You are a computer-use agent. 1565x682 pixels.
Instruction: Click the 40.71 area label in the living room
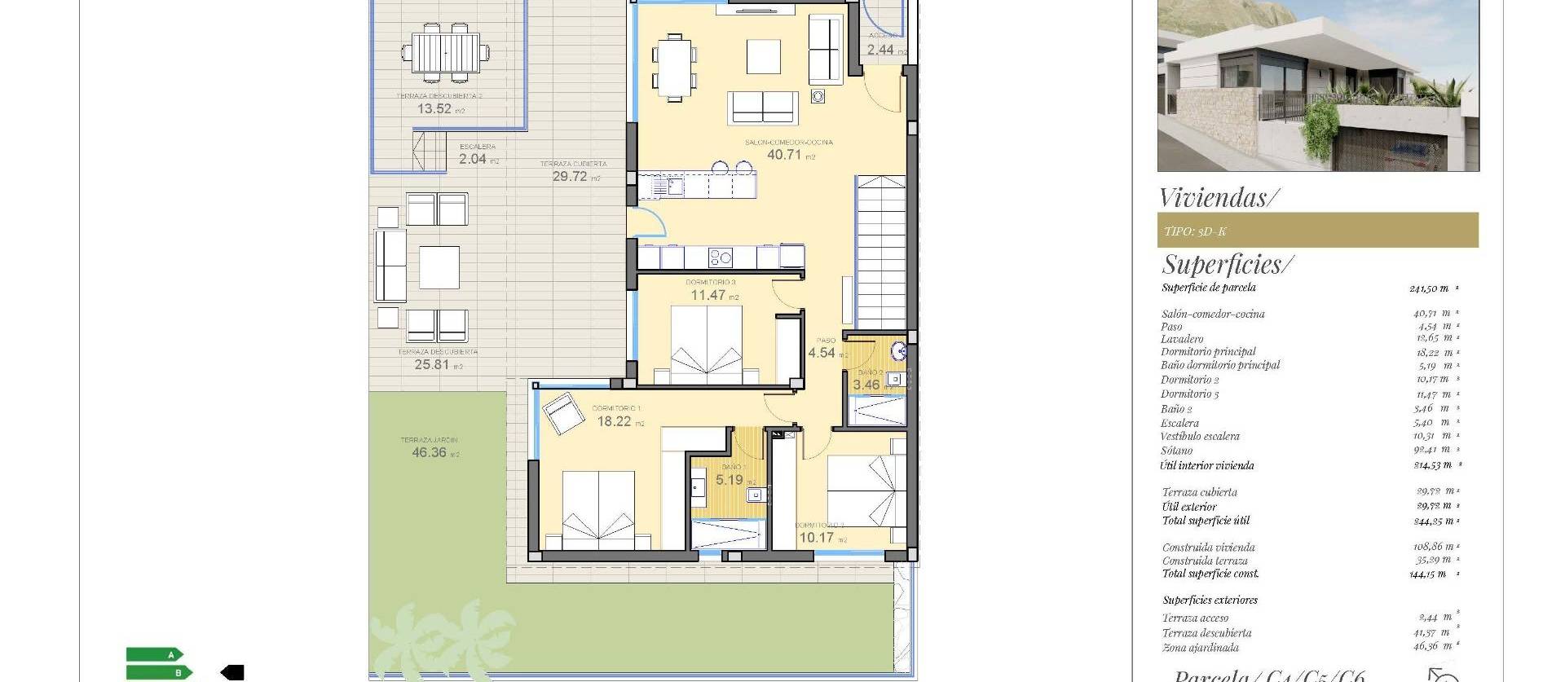tap(784, 154)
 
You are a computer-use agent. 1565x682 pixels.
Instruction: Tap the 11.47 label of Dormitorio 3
tap(708, 295)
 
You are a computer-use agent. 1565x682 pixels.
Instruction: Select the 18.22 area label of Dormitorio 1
tap(614, 421)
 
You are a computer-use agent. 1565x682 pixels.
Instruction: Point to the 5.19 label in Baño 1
tap(730, 480)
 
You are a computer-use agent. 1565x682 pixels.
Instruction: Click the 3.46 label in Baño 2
tap(866, 385)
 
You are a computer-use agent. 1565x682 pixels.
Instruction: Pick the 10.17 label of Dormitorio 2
tap(816, 538)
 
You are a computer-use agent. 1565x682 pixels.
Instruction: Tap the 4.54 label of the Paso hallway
tap(822, 353)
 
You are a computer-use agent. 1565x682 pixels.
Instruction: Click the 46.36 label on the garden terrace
tap(429, 452)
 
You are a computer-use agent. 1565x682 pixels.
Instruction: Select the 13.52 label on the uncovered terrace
tap(434, 108)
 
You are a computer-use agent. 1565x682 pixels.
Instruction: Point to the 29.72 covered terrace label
tap(570, 176)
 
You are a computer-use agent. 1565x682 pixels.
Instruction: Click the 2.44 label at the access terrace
tap(880, 50)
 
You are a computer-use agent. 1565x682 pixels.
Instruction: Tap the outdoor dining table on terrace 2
tap(446, 53)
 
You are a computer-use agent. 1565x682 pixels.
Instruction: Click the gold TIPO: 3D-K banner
tap(1317, 231)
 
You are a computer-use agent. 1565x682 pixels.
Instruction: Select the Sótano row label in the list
tap(1177, 451)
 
